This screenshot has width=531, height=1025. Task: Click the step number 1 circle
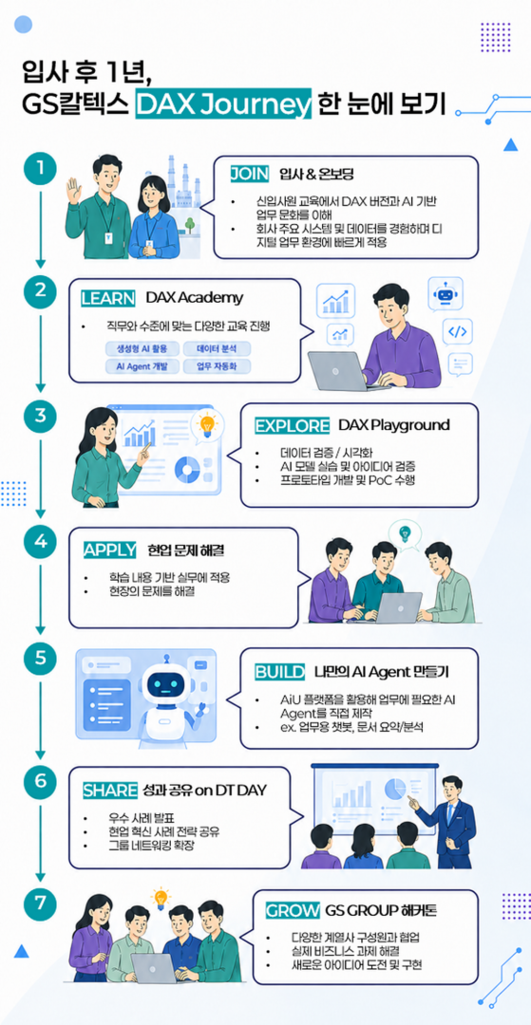41,168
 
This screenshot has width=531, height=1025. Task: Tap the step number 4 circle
41,543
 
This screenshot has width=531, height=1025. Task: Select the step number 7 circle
41,904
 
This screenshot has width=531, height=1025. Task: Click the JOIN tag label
250,174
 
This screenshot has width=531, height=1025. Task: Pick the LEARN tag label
108,298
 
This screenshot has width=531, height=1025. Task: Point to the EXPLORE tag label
292,425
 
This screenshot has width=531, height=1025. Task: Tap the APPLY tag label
110,550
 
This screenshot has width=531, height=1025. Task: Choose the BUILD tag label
280,671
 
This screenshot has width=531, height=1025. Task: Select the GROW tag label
293,910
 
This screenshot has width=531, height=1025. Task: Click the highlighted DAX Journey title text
223,103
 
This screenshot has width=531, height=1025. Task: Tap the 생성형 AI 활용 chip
142,348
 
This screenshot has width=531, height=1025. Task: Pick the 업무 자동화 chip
217,366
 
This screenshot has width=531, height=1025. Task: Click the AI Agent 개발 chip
142,366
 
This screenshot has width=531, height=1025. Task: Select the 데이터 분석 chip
217,348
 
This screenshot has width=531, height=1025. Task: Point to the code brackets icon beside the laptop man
457,332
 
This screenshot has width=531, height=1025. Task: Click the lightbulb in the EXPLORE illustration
207,424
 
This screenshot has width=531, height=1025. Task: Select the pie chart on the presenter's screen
394,789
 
